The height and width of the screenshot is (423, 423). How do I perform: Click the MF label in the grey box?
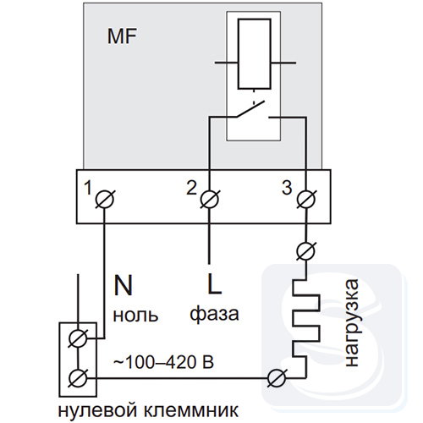pyautogui.click(x=122, y=36)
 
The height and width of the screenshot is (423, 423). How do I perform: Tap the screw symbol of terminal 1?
pyautogui.click(x=105, y=200)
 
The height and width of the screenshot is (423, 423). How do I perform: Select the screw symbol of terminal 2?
pyautogui.click(x=210, y=200)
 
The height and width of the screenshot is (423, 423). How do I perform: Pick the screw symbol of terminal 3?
pyautogui.click(x=306, y=200)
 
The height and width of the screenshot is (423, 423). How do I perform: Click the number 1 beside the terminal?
pyautogui.click(x=88, y=188)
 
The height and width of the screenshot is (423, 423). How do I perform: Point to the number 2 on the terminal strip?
pyautogui.click(x=192, y=188)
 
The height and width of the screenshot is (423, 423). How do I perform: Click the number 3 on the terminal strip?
pyautogui.click(x=287, y=188)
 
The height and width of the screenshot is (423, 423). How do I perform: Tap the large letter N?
pyautogui.click(x=123, y=285)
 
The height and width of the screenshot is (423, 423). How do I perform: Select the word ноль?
pyautogui.click(x=135, y=315)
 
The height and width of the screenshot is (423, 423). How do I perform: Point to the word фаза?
pyautogui.click(x=214, y=314)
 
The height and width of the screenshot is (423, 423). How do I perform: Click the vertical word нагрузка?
pyautogui.click(x=352, y=322)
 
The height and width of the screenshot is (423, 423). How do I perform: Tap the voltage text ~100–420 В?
pyautogui.click(x=163, y=362)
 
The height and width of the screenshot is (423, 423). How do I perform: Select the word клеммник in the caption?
pyautogui.click(x=191, y=410)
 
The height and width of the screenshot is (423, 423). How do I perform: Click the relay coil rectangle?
pyautogui.click(x=255, y=54)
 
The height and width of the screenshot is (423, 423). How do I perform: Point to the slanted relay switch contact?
pyautogui.click(x=250, y=108)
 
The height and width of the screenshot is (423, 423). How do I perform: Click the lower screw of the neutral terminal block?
pyautogui.click(x=78, y=378)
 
